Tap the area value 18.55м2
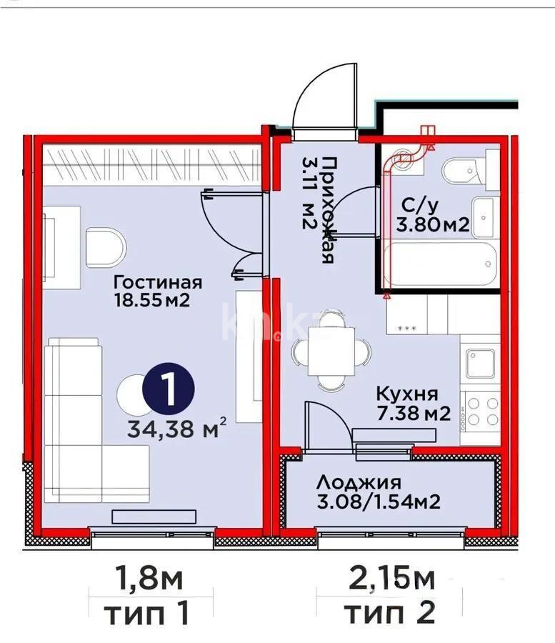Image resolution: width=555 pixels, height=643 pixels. click(151, 300)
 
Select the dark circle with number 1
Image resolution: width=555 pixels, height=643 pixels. click(169, 389)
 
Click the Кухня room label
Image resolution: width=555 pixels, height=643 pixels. click(406, 394)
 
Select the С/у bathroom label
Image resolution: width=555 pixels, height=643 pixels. click(419, 206)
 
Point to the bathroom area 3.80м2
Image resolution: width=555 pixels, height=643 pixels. click(432, 226)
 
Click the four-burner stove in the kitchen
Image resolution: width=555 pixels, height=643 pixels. click(481, 411)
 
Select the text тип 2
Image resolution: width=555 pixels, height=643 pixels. click(390, 612)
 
